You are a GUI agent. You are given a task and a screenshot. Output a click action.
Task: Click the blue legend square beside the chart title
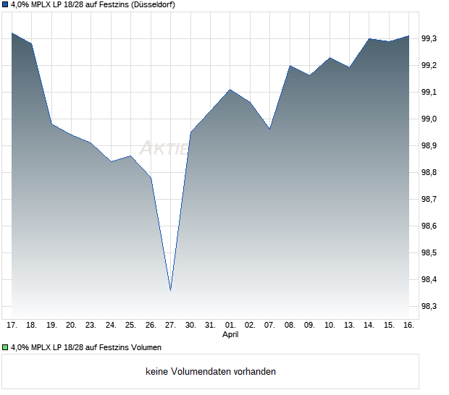click(6, 4)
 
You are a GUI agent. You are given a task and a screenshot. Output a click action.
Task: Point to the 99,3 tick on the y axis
click(429, 38)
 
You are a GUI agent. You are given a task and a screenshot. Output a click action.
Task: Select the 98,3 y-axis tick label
click(429, 307)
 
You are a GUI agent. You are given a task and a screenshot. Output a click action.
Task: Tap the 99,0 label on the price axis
click(429, 119)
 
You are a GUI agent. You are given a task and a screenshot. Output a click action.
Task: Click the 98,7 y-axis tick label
click(429, 199)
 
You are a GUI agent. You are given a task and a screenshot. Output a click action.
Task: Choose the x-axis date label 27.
click(170, 326)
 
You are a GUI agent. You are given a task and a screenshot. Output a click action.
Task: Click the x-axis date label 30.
click(190, 326)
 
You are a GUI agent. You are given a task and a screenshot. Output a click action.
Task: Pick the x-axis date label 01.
click(230, 326)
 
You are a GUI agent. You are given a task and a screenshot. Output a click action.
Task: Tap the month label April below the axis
click(230, 335)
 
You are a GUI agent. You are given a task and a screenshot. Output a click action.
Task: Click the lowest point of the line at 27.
click(170, 290)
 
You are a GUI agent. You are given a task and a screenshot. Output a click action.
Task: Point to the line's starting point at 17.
click(12, 33)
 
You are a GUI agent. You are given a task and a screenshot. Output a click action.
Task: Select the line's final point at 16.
click(408, 35)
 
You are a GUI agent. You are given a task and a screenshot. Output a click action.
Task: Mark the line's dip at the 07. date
click(269, 129)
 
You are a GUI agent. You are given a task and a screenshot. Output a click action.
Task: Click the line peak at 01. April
click(230, 89)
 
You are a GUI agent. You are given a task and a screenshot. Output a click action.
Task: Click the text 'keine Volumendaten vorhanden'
click(211, 372)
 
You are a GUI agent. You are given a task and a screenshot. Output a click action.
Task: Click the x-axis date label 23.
click(91, 326)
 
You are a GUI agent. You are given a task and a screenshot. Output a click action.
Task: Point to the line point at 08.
click(290, 66)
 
